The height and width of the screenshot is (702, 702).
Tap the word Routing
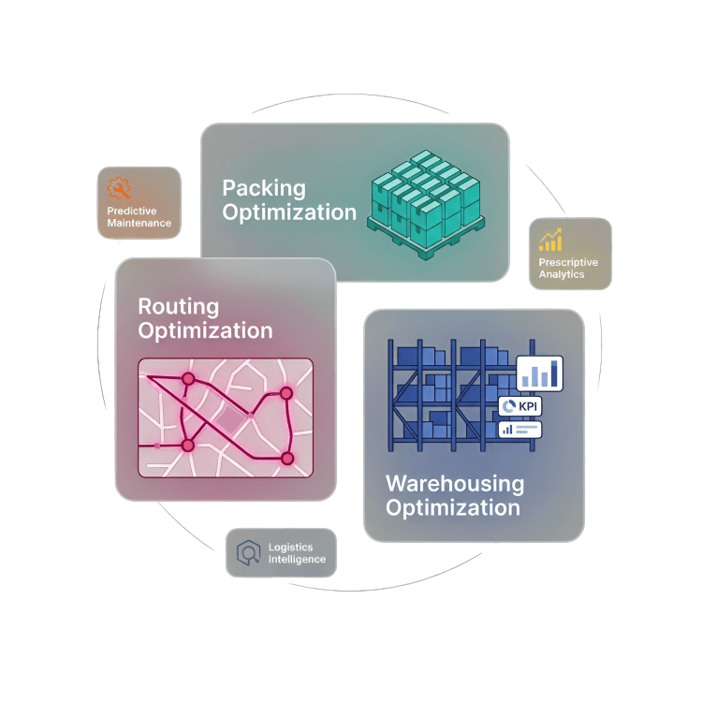[178, 306]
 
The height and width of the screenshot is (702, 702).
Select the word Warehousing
[455, 484]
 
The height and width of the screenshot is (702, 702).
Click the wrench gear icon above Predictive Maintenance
[119, 188]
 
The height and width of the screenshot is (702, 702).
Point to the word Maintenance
[139, 224]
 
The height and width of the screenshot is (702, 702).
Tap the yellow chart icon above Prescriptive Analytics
[550, 240]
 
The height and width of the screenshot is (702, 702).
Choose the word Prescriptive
[568, 263]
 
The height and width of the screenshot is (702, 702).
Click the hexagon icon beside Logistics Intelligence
[248, 552]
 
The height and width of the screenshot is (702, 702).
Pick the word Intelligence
[297, 560]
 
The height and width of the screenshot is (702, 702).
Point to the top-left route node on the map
[187, 380]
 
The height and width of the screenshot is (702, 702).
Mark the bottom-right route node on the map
[287, 459]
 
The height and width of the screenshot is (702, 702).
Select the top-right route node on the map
[286, 394]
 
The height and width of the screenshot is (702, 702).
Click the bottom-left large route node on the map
[187, 445]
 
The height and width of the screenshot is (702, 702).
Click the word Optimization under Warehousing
[452, 508]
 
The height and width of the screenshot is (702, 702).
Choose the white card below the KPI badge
[520, 429]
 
